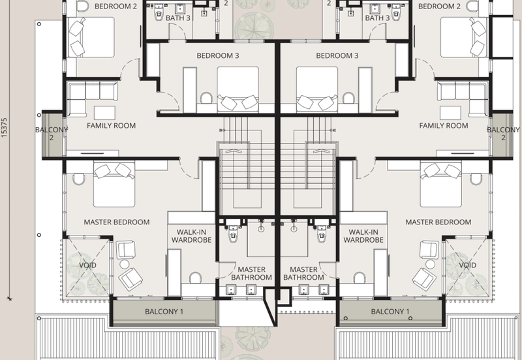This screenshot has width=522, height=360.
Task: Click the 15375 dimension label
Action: (x=4, y=128)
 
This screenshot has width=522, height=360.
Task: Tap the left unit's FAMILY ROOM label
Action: (x=111, y=126)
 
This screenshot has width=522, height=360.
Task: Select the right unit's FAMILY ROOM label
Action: (x=444, y=126)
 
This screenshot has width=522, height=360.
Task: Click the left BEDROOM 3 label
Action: (x=218, y=55)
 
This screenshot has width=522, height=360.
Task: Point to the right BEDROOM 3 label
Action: (x=337, y=55)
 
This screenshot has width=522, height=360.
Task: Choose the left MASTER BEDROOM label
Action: (x=117, y=222)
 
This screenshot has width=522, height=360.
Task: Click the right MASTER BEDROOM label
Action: (x=438, y=222)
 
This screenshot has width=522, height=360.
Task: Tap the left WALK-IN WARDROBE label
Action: (x=191, y=236)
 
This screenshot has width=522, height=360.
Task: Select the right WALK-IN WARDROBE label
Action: (x=363, y=236)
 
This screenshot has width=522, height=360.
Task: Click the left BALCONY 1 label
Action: (x=164, y=312)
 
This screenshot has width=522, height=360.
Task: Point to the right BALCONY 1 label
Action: (x=390, y=312)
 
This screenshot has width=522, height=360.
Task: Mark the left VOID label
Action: (x=87, y=265)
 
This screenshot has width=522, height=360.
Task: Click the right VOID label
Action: (x=467, y=265)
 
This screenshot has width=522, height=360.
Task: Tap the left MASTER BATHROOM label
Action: (x=251, y=273)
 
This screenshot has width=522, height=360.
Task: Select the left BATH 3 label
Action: (x=177, y=18)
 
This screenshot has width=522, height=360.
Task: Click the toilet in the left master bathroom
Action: (x=233, y=234)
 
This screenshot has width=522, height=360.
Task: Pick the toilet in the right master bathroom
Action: (x=322, y=234)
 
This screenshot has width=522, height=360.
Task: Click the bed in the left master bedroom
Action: (x=114, y=185)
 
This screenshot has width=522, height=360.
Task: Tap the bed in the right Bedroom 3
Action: (x=317, y=89)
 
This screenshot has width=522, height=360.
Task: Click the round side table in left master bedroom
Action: (x=125, y=265)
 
